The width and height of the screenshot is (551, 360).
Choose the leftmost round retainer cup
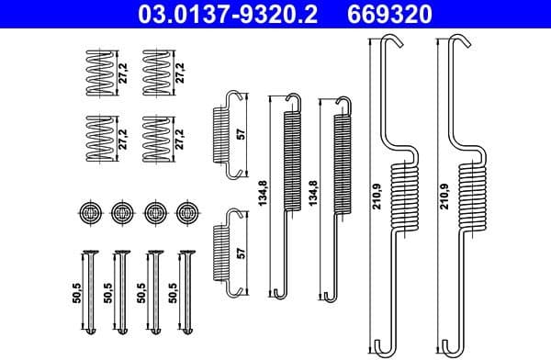pyautogui.click(x=89, y=212)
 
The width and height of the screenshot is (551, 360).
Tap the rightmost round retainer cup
pyautogui.click(x=188, y=212)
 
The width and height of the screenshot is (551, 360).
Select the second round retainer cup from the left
pyautogui.click(x=121, y=212)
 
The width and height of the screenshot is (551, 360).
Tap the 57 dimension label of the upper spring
pyautogui.click(x=242, y=132)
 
